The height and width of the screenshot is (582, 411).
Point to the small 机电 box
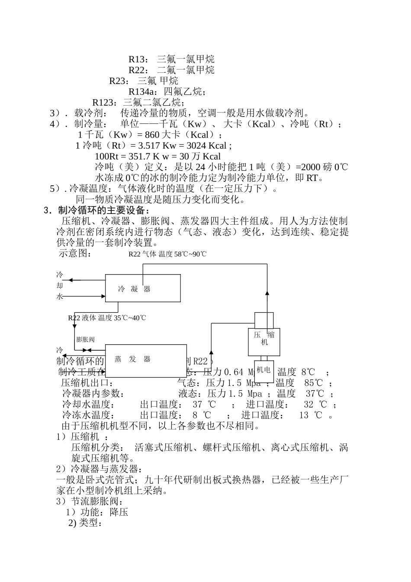[263, 370]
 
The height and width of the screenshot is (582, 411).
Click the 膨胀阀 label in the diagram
[85, 339]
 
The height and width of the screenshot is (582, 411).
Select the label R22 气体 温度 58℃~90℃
[167, 254]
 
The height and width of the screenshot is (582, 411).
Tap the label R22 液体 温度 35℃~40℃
[107, 318]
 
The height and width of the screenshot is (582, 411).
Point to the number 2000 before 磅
[311, 168]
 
